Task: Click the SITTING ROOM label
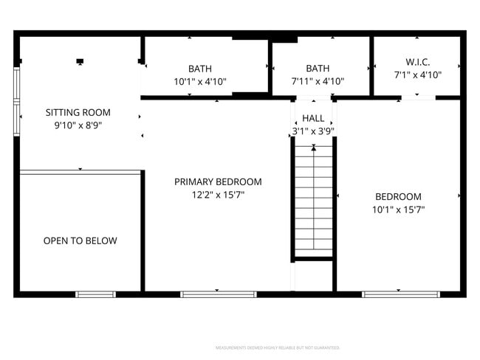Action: (78, 113)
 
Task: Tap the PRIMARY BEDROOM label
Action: (218, 181)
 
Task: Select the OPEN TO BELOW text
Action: (80, 240)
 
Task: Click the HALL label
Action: (313, 118)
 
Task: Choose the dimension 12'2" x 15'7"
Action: (218, 195)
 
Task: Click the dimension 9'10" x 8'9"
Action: (78, 126)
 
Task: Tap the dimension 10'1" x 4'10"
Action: (199, 82)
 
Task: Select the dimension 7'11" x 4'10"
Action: (318, 82)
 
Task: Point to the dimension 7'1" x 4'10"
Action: (417, 75)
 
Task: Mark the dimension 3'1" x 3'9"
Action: (313, 132)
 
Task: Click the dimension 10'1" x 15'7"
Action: (398, 210)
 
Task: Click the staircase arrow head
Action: (314, 148)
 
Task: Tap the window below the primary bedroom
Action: (218, 294)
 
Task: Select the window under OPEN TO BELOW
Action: (96, 294)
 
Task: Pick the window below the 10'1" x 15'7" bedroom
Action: (400, 294)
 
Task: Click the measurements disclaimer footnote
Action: (277, 347)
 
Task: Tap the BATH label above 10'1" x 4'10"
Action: (199, 69)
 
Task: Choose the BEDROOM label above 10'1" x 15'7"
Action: (398, 196)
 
